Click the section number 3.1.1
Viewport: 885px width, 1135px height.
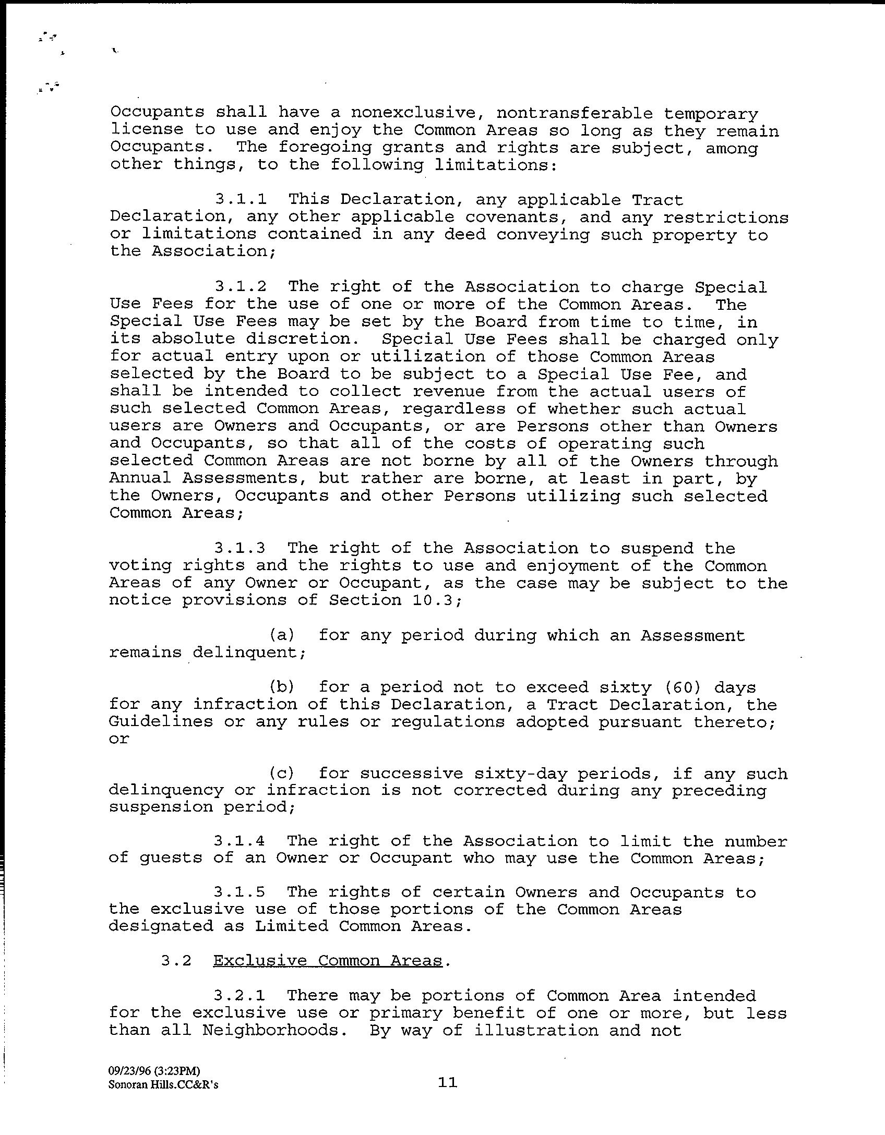241,199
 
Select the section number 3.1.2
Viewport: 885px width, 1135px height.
241,286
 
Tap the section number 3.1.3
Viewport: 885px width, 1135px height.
240,548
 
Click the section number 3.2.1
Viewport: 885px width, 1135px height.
240,995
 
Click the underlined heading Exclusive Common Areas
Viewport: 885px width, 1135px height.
328,961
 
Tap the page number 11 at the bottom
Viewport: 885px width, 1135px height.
448,1082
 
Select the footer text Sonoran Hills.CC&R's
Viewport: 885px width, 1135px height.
163,1085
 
